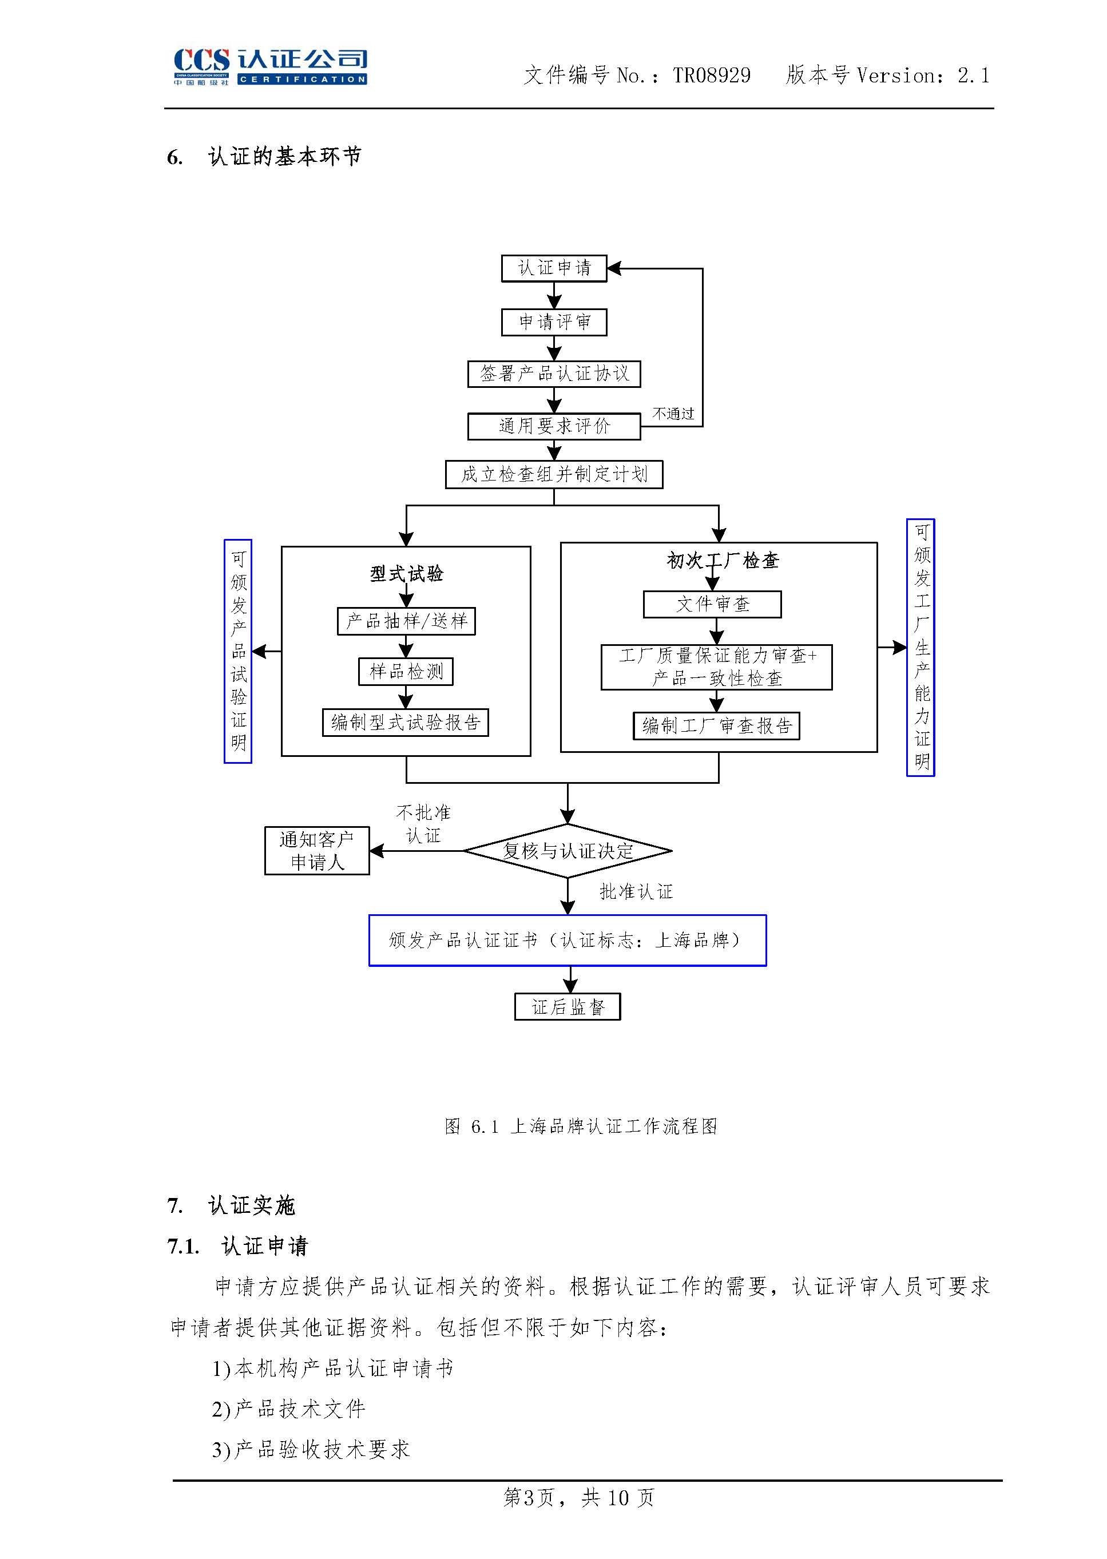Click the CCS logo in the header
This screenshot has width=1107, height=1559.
270,66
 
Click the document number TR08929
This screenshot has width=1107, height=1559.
711,75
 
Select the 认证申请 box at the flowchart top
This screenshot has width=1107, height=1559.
554,268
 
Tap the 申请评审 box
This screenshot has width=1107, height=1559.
554,322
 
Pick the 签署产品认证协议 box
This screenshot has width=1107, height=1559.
554,374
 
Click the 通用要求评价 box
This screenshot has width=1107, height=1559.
554,426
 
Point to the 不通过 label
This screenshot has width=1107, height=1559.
673,414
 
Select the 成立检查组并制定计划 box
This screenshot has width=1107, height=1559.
554,474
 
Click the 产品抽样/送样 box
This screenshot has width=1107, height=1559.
406,621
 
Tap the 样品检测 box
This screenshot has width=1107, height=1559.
406,672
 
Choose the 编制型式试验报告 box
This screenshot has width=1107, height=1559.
406,723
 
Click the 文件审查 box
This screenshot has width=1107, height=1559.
712,604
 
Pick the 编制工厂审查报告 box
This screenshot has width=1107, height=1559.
716,726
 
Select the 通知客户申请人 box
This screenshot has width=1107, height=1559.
317,851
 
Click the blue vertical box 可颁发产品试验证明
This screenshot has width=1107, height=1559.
238,651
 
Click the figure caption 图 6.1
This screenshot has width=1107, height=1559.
580,1126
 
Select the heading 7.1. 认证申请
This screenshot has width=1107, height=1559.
238,1246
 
